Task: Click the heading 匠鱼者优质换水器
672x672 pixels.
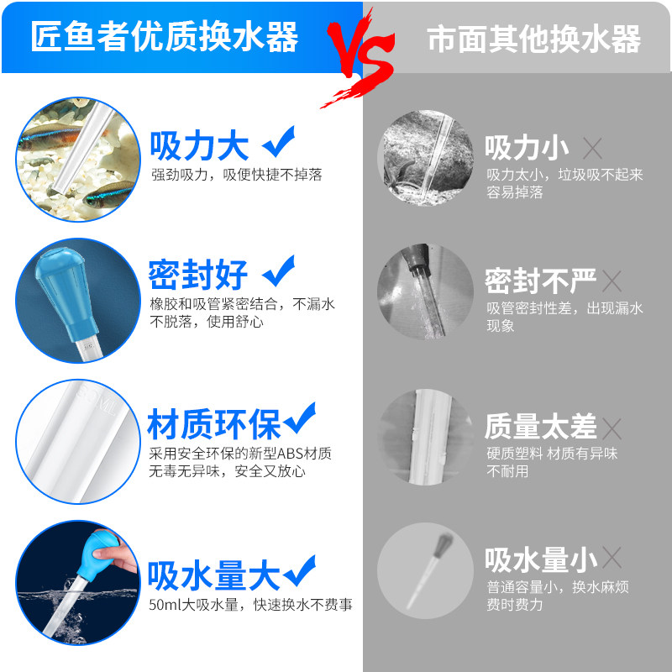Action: pos(165,38)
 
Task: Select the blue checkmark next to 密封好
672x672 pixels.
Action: pos(278,272)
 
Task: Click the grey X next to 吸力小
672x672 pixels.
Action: pos(593,150)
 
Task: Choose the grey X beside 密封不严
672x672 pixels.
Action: pos(612,281)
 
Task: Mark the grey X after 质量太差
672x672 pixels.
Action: pos(612,428)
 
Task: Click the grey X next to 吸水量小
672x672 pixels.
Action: pos(612,557)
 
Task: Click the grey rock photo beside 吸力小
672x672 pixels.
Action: pos(426,160)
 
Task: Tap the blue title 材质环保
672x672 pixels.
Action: pos(213,425)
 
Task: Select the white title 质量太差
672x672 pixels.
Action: pos(540,427)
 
